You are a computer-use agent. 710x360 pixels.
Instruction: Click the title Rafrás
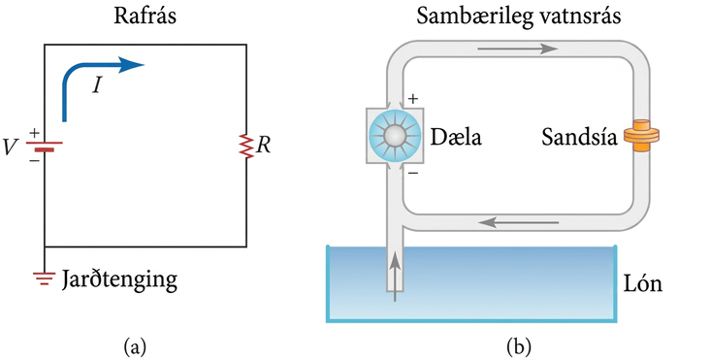coord(145,16)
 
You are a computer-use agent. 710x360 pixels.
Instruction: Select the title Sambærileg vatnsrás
coord(518,16)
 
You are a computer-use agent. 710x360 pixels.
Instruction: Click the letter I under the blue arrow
coord(97,84)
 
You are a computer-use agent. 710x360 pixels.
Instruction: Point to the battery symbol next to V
coord(44,147)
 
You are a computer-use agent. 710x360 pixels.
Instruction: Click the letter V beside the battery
coord(11,147)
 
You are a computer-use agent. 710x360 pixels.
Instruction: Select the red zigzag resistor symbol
coord(246,147)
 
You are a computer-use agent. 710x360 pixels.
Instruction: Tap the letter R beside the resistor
coord(263,146)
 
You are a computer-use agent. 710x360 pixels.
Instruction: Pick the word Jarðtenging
coord(119,279)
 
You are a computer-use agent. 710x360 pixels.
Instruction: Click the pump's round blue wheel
coord(395,136)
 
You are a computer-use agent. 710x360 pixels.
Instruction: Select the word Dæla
coord(456,136)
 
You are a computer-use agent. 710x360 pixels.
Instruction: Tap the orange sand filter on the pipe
coord(641,136)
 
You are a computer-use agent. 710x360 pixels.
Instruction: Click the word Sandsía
coord(579,136)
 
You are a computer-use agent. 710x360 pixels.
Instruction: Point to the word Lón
coord(642,283)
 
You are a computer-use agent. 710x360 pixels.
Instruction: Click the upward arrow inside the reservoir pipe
coord(396,277)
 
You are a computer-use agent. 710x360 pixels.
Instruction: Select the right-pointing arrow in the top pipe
coord(518,48)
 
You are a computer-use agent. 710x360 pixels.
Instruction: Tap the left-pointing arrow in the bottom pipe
coord(519,222)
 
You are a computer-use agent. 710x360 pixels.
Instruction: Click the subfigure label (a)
coord(135,347)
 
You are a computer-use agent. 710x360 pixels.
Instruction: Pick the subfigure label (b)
coord(519,347)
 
